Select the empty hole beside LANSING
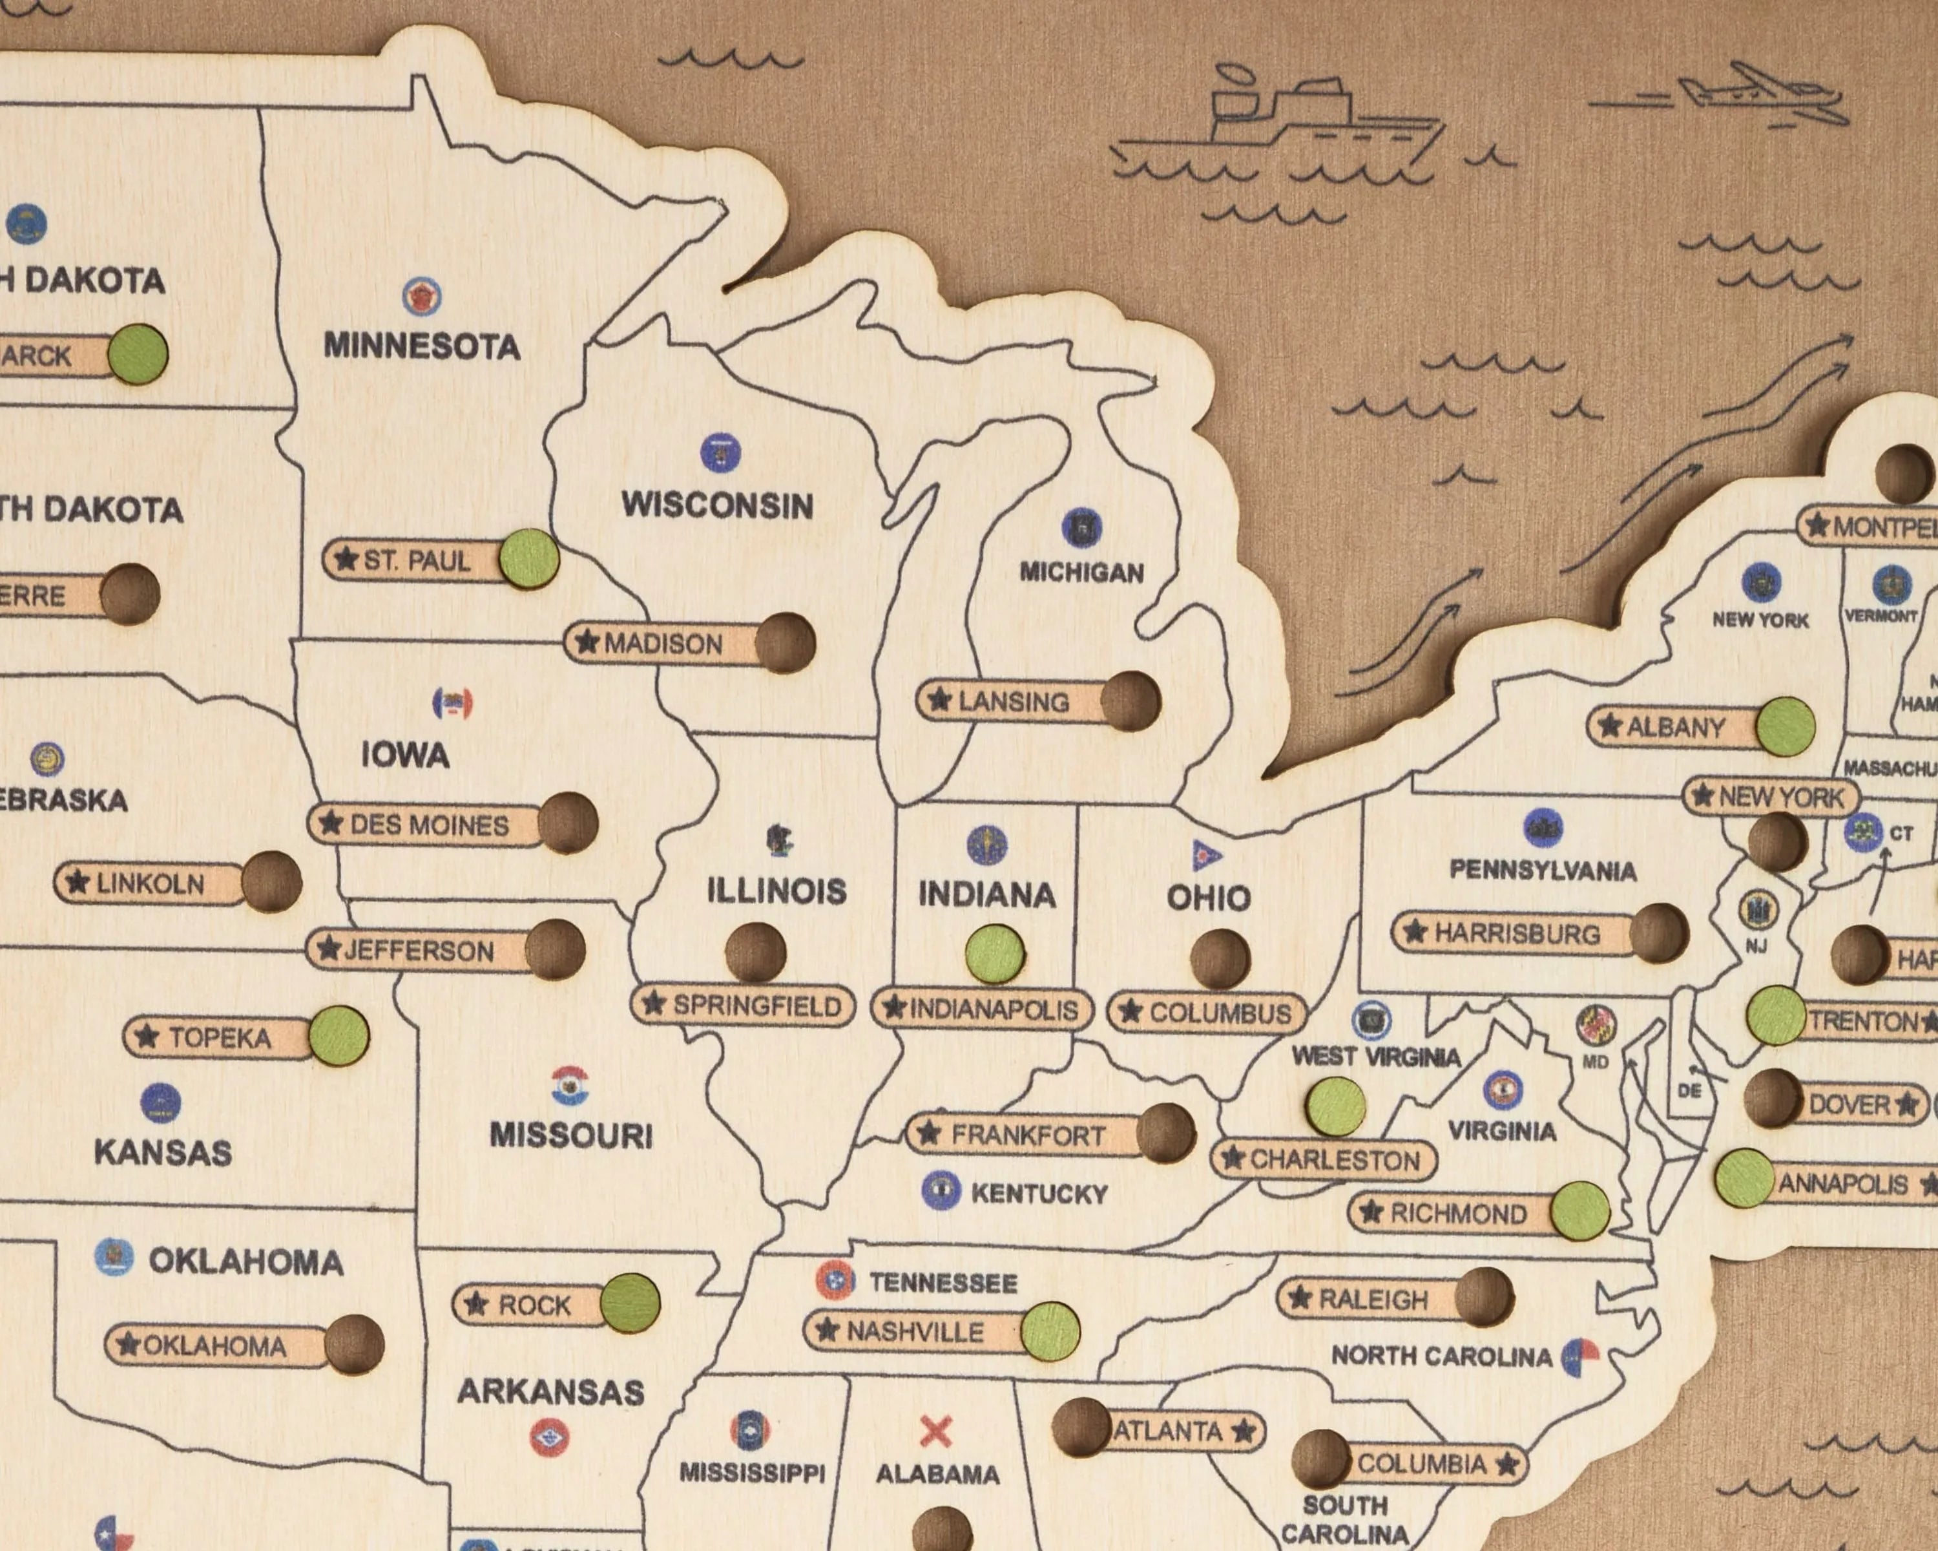coord(1130,701)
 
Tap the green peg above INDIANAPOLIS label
coord(995,954)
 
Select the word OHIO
coord(1208,898)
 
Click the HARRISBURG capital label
coord(1516,933)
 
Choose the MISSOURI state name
coord(571,1135)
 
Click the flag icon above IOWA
coord(452,703)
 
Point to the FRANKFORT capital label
coord(1026,1135)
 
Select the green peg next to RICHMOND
coord(1580,1210)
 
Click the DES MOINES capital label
coord(428,825)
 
